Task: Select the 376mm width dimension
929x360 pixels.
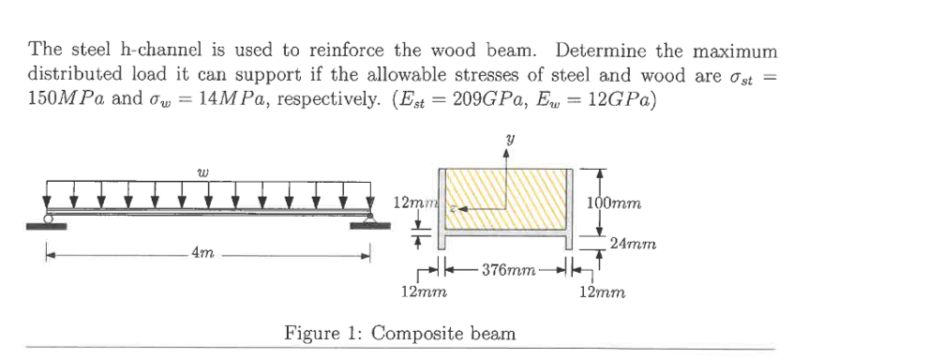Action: point(506,271)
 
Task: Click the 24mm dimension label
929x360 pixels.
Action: point(631,245)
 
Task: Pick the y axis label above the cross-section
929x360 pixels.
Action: point(507,141)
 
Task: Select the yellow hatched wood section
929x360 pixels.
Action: point(525,197)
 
